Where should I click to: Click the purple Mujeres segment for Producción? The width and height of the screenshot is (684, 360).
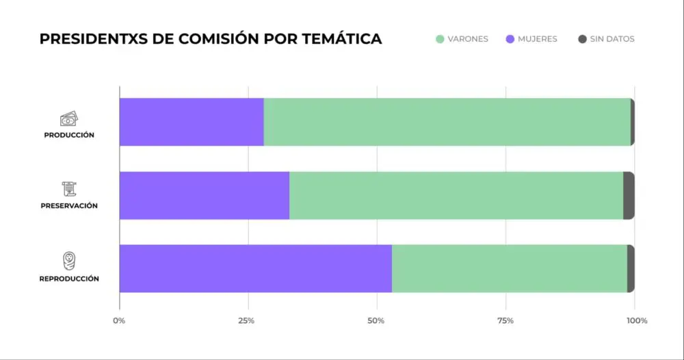tap(192, 122)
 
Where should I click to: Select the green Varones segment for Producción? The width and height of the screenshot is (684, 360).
tap(447, 122)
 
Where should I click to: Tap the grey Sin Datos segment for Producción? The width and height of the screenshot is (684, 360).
tap(633, 122)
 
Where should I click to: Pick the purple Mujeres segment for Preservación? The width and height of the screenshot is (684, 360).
tap(205, 195)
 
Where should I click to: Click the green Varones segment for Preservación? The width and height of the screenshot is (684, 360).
tap(456, 195)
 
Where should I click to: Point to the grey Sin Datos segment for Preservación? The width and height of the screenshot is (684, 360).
tap(629, 195)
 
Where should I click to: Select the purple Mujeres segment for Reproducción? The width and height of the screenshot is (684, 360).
tap(256, 268)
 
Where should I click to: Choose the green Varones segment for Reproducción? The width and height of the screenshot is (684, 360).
tap(510, 268)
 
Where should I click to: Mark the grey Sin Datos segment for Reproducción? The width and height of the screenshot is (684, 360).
tap(631, 268)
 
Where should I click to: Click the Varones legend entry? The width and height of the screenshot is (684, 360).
tap(462, 39)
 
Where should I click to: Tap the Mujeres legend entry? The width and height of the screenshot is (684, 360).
tap(531, 39)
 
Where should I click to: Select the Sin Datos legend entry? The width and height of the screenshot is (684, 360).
tap(606, 39)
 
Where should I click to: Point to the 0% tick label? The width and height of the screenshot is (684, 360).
tap(119, 320)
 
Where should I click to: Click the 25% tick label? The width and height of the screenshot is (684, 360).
tap(247, 320)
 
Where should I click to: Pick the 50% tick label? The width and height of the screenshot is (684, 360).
tap(376, 320)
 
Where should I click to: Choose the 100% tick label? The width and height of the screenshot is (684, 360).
tap(636, 320)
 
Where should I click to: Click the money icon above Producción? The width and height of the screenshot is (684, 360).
tap(69, 119)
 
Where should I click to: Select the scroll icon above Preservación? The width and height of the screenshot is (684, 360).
tap(69, 190)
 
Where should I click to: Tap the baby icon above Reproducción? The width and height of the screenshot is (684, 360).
tap(69, 261)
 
